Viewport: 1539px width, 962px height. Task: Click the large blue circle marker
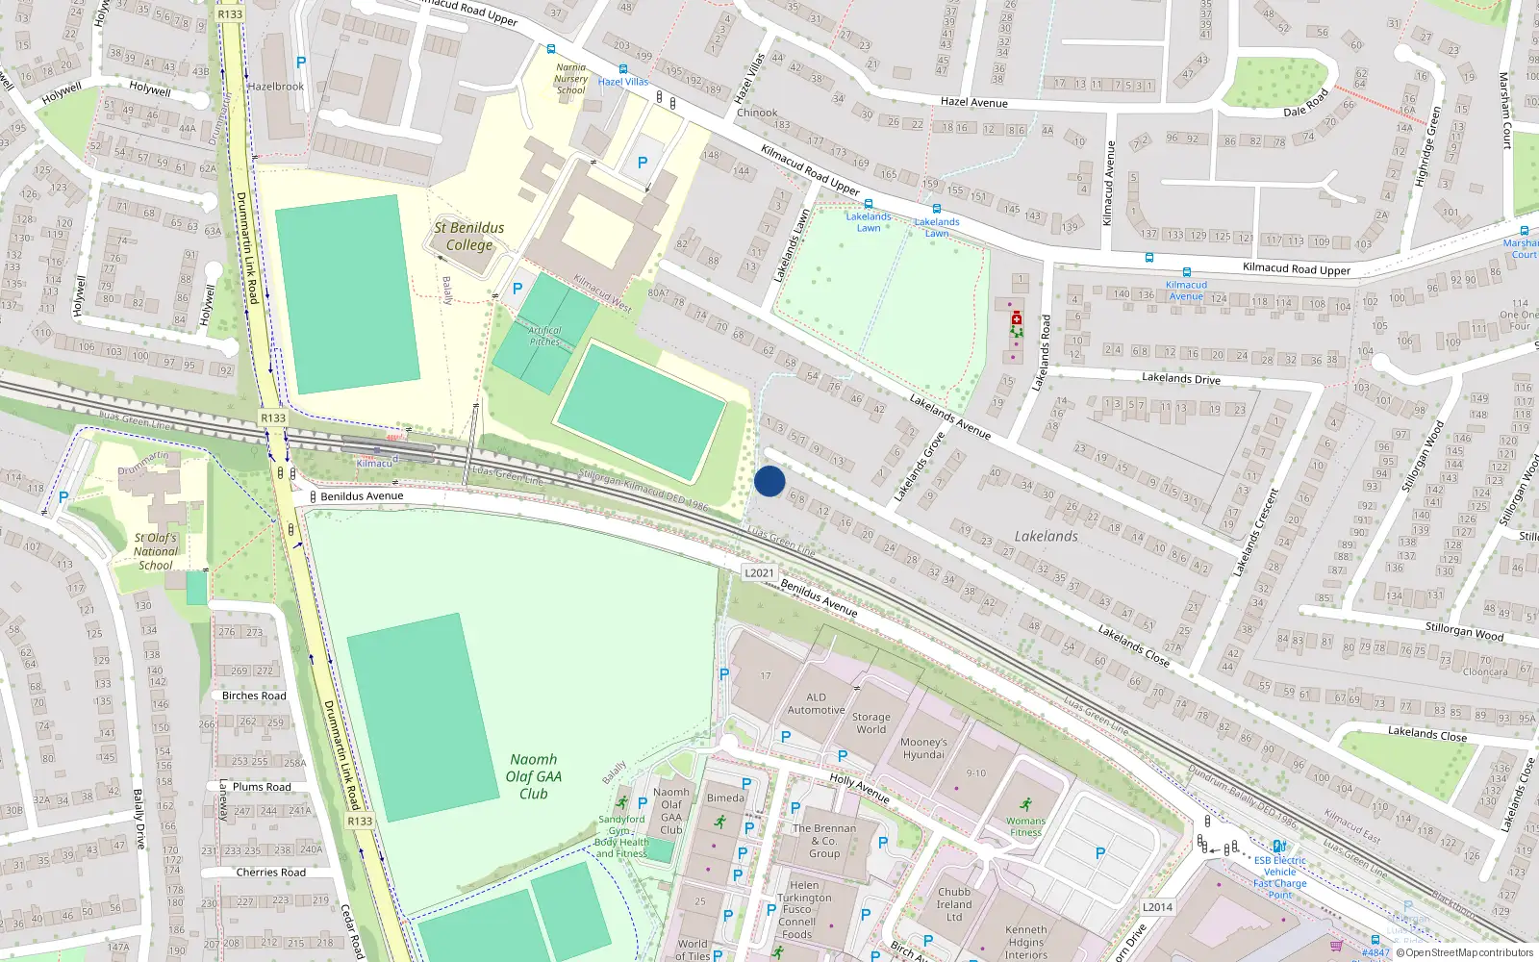(769, 481)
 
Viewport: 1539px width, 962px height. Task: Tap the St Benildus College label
(468, 236)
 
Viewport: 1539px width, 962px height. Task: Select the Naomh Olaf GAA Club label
(534, 776)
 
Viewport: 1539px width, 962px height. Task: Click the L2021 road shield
(759, 572)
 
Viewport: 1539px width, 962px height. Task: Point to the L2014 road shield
(1157, 907)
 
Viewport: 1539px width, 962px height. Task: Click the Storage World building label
(870, 722)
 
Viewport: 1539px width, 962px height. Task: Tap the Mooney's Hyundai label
(923, 748)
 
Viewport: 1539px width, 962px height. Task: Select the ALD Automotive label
(816, 703)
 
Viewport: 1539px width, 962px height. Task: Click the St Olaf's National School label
(156, 551)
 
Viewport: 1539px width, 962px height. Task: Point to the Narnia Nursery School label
(570, 79)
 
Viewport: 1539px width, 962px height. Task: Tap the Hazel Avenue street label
(973, 102)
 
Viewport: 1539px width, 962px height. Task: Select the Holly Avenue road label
(859, 788)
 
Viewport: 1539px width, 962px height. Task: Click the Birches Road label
(254, 696)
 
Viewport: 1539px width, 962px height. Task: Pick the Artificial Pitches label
(544, 336)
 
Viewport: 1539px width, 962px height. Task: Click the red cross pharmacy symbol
(1017, 317)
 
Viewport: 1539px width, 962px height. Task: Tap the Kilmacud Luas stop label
(374, 463)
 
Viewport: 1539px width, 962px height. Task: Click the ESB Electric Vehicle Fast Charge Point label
(1280, 877)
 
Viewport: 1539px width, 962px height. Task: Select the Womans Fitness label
(1025, 826)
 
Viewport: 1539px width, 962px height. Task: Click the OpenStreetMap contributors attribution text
(1469, 952)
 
